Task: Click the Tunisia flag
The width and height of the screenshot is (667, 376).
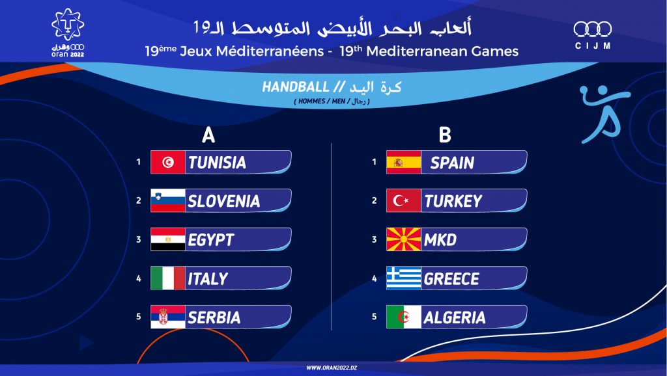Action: tap(168, 162)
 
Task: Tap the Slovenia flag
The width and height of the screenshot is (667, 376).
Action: tap(168, 200)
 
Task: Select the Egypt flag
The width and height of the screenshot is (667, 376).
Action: tap(168, 239)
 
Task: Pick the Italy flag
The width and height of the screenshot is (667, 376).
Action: tap(168, 278)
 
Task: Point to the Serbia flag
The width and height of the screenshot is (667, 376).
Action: tap(168, 317)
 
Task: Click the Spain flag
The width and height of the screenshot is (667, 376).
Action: tap(404, 162)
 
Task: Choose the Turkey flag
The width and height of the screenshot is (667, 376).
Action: tap(404, 200)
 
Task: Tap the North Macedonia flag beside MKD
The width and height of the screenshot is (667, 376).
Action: tap(404, 239)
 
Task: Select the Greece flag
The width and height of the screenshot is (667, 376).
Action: tap(404, 278)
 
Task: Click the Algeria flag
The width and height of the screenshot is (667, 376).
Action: tap(404, 317)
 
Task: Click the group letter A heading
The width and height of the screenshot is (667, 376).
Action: tap(208, 135)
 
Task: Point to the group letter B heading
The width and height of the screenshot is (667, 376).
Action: tap(444, 135)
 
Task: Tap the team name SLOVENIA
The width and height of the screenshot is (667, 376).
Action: tap(224, 201)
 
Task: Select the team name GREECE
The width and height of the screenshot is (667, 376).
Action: tap(451, 278)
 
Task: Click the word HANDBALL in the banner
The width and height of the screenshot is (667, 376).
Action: tap(296, 87)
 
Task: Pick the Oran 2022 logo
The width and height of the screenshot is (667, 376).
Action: tap(68, 33)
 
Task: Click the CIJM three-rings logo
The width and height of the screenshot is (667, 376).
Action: tap(593, 35)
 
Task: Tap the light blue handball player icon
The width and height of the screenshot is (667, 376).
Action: tap(604, 114)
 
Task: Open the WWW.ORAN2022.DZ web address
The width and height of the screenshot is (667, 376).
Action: tap(332, 368)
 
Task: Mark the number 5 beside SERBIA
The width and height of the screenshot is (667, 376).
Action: tap(138, 317)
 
